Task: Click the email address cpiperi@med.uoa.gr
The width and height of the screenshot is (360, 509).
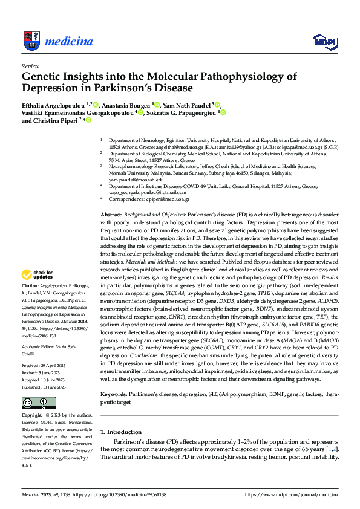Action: [169, 199]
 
